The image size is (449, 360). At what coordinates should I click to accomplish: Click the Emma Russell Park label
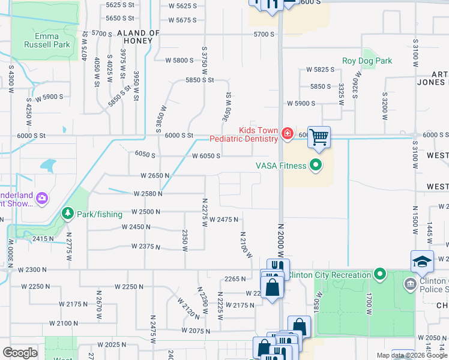pyautogui.click(x=47, y=40)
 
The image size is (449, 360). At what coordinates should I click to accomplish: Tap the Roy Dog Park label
pyautogui.click(x=367, y=61)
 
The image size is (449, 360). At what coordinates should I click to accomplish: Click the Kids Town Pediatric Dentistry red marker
pyautogui.click(x=287, y=134)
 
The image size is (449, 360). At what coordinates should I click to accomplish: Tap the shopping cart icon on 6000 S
pyautogui.click(x=319, y=137)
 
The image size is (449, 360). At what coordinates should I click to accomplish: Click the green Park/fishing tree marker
pyautogui.click(x=68, y=214)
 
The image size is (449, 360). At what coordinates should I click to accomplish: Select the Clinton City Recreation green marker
pyautogui.click(x=379, y=275)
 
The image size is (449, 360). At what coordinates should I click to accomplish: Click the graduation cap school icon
pyautogui.click(x=422, y=261)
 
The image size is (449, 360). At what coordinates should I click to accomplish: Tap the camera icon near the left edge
pyautogui.click(x=42, y=197)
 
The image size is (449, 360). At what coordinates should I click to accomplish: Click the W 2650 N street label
pyautogui.click(x=155, y=176)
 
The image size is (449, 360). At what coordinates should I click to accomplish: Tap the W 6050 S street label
pyautogui.click(x=206, y=156)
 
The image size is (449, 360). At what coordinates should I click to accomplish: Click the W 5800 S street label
pyautogui.click(x=180, y=60)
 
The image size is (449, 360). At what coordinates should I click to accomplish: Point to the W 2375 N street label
pyautogui.click(x=141, y=247)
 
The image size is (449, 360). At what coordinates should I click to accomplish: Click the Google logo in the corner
pyautogui.click(x=20, y=352)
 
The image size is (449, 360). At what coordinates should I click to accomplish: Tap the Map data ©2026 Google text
pyautogui.click(x=411, y=355)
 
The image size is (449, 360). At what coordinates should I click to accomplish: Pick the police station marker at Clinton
pyautogui.click(x=410, y=283)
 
